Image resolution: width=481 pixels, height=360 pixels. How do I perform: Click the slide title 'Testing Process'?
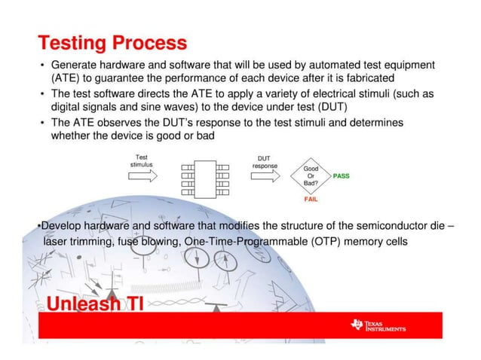coord(112,43)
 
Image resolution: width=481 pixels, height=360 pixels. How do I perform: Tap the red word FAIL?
coord(310,200)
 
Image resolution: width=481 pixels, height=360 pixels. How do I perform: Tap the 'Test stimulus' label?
coord(142,159)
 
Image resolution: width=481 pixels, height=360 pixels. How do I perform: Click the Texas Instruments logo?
coord(378,325)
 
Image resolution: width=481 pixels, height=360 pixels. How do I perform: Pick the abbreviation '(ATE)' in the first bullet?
coord(66,78)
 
